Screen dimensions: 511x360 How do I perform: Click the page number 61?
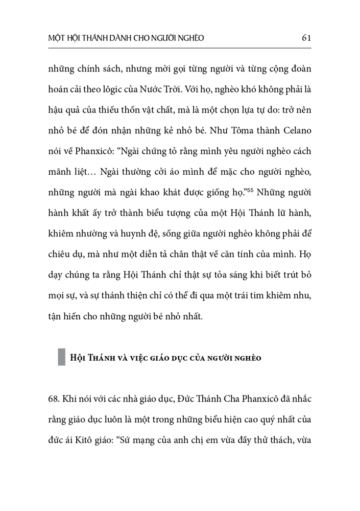pyautogui.click(x=307, y=37)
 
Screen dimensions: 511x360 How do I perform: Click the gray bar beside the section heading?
pyautogui.click(x=62, y=357)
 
